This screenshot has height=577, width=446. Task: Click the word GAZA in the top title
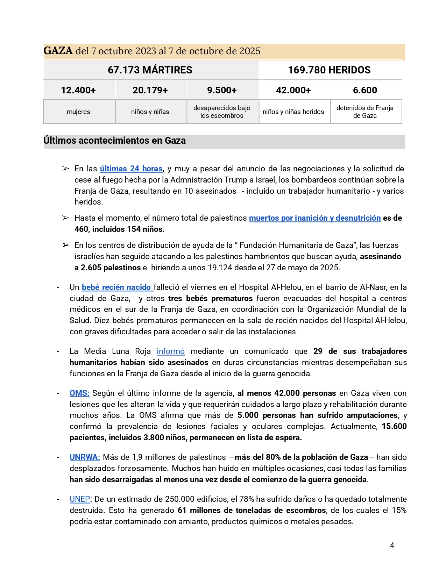point(58,51)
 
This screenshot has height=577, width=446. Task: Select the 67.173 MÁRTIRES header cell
point(150,70)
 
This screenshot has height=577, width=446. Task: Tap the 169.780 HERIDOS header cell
point(329,70)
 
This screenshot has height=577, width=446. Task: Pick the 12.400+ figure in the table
point(78,90)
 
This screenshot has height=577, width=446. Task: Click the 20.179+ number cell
point(150,90)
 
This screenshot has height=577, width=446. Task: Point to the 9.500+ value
point(222,90)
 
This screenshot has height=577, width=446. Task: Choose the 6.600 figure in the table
point(365,90)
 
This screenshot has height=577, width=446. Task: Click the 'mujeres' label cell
point(78,112)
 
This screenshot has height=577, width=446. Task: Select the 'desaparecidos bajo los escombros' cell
point(222,112)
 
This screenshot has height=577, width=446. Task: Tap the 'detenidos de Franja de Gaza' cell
point(365,112)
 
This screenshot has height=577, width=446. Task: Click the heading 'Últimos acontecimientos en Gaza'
point(115,141)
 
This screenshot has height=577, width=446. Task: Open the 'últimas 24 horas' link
point(131,169)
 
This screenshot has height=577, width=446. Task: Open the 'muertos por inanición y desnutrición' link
point(315,218)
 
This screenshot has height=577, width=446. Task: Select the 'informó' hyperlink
point(171,351)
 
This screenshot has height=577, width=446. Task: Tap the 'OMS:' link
point(79,393)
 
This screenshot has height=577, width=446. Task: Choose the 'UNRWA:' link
point(85,457)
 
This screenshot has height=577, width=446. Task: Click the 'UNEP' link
point(80,499)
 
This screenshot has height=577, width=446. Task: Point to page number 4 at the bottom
point(392,545)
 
